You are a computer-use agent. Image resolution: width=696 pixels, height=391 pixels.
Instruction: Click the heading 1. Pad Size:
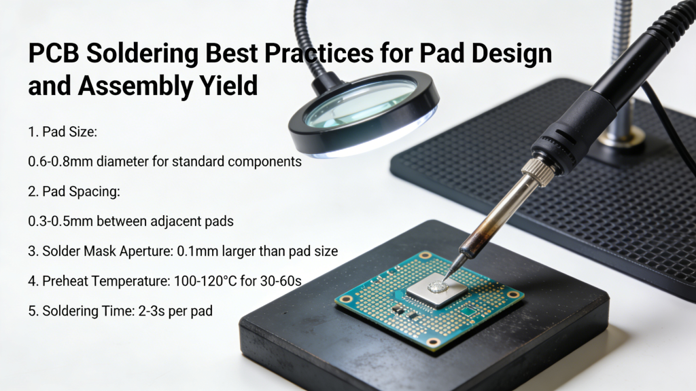pos(63,132)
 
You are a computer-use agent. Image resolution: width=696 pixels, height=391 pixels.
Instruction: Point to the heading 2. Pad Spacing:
pos(75,191)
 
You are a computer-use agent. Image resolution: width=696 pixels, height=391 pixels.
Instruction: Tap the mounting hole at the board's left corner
pos(346,299)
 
